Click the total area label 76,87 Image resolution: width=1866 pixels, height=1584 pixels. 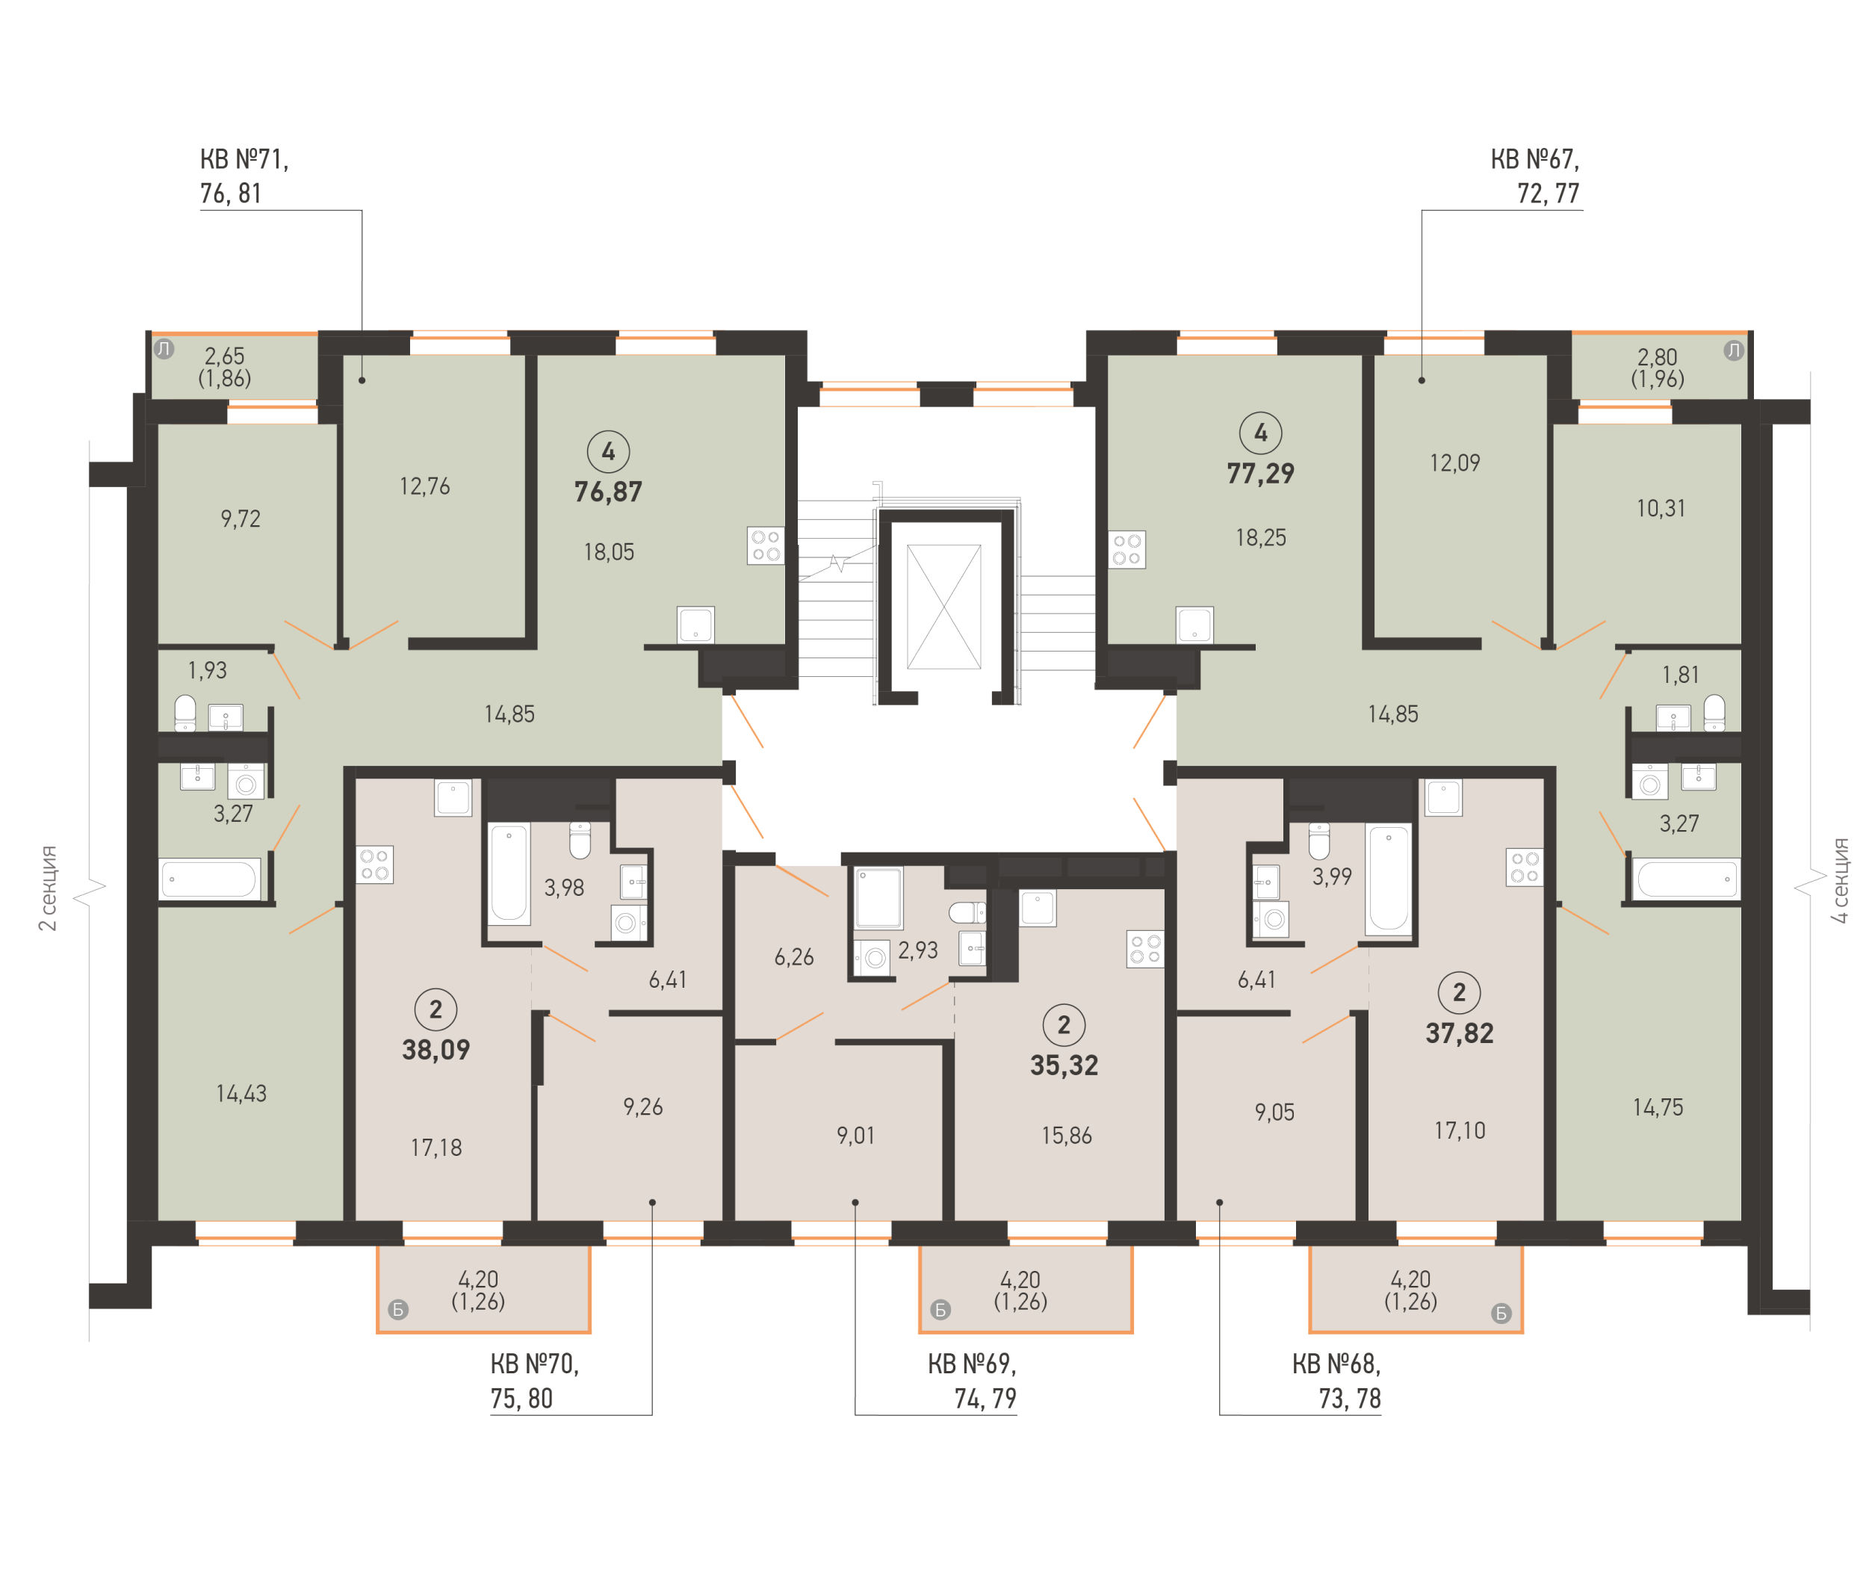[x=607, y=491]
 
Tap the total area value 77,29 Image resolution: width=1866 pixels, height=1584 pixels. [x=1260, y=472]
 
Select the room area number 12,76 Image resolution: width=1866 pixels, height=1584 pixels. [x=424, y=486]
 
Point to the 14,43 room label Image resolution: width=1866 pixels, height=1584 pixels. [x=241, y=1093]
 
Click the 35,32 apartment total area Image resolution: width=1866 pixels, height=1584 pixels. [x=1064, y=1065]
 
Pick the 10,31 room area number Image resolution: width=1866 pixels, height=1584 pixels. [x=1660, y=508]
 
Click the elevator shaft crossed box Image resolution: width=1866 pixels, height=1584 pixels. [x=943, y=606]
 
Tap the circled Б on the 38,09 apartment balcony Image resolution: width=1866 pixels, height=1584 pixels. [x=397, y=1309]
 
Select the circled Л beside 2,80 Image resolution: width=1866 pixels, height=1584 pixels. [x=1733, y=350]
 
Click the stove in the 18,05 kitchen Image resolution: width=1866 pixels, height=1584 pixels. [x=765, y=545]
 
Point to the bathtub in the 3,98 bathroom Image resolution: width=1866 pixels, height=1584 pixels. [x=508, y=873]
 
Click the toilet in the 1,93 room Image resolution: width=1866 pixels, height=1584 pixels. [x=185, y=713]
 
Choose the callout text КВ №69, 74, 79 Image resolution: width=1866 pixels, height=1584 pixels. [x=971, y=1381]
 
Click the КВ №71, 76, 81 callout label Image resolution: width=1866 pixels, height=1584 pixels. [x=244, y=176]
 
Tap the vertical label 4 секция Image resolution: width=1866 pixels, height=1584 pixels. [x=1840, y=881]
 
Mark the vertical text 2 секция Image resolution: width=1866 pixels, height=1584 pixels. [x=48, y=887]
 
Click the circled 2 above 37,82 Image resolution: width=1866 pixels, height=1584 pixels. [x=1459, y=992]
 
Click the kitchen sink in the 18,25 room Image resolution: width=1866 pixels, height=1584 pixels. [x=1194, y=625]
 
